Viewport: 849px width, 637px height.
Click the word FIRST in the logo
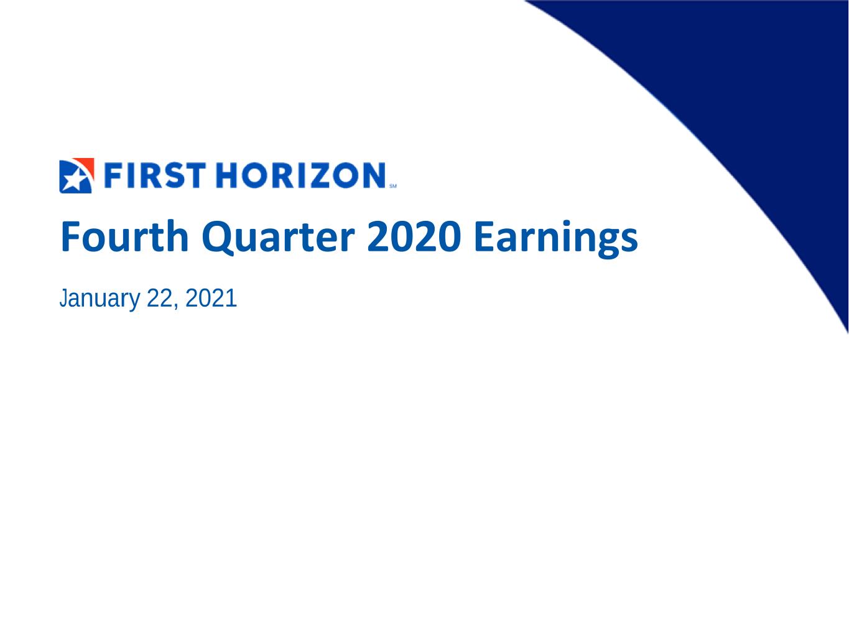(x=155, y=175)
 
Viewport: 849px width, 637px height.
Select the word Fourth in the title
(x=124, y=236)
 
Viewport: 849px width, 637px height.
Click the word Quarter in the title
(x=278, y=237)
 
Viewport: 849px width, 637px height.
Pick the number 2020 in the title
(x=414, y=236)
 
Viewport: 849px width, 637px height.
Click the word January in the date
(x=100, y=299)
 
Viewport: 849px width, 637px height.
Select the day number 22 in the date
(x=159, y=298)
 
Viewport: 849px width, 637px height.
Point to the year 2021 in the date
(x=211, y=298)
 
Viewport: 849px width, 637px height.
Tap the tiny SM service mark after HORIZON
(x=393, y=186)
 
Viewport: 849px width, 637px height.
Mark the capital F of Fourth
(x=70, y=236)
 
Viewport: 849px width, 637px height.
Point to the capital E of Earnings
(x=483, y=236)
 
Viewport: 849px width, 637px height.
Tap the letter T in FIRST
(x=195, y=175)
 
